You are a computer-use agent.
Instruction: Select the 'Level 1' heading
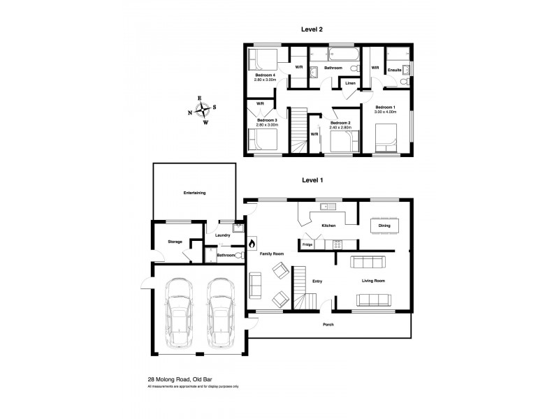[312, 179]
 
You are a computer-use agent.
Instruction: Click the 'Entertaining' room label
[194, 192]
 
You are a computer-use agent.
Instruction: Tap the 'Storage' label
[175, 242]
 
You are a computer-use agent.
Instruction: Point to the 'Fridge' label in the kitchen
[307, 244]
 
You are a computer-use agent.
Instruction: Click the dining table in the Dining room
[384, 226]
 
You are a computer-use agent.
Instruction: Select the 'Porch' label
[327, 325]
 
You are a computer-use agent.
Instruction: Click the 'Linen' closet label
[350, 83]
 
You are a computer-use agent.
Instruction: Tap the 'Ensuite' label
[395, 69]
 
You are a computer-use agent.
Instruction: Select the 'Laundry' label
[223, 235]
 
